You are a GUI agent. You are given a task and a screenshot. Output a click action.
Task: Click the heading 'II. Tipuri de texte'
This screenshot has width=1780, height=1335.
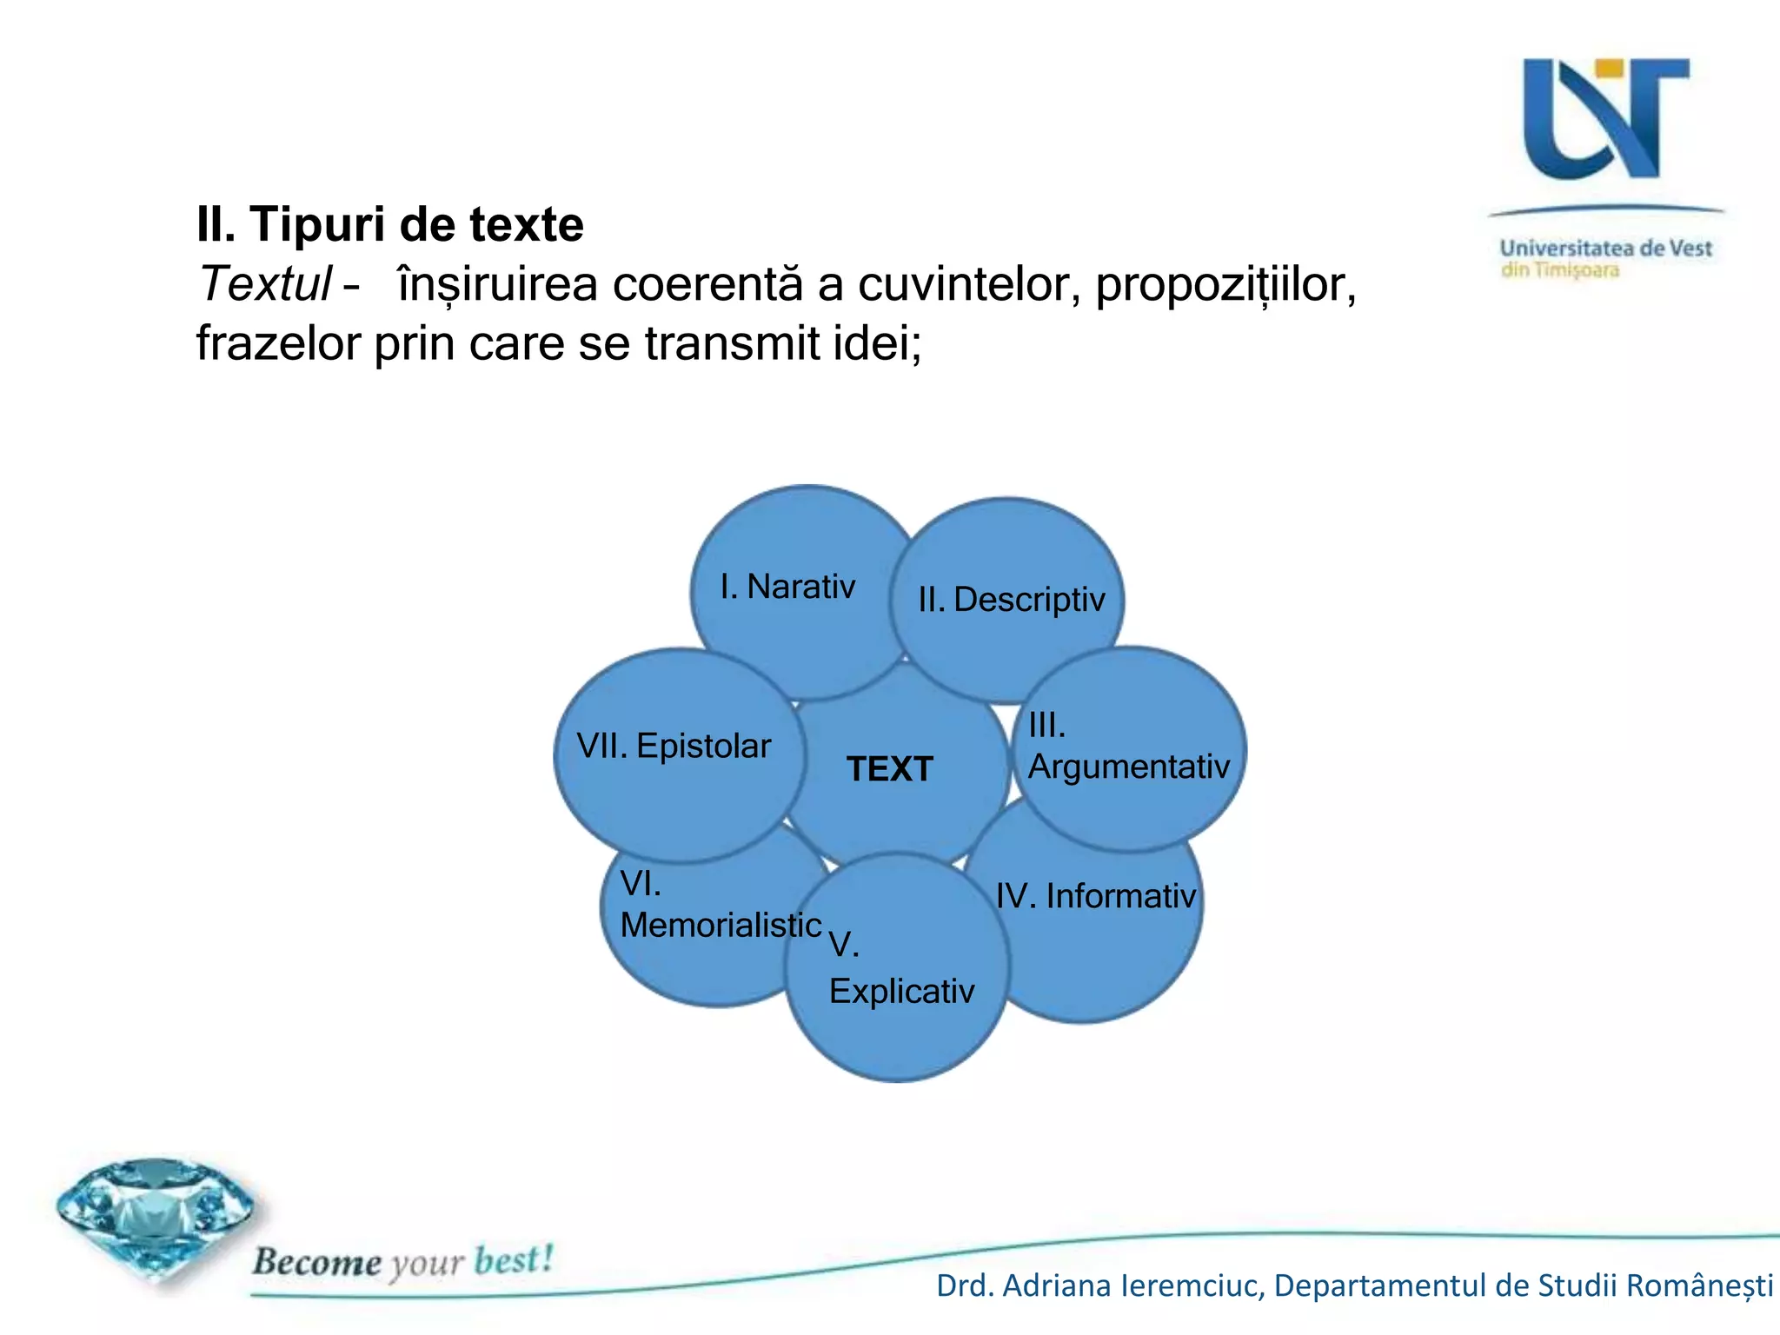(x=389, y=224)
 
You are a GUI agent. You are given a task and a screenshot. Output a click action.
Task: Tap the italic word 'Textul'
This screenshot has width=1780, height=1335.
(x=265, y=284)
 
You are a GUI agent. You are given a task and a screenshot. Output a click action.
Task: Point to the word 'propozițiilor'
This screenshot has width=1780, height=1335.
(x=1225, y=284)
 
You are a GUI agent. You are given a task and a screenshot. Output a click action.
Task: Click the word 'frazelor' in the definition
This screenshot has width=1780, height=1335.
(x=278, y=343)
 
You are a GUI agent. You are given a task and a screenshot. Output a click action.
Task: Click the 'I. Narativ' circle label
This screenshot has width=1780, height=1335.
(x=787, y=587)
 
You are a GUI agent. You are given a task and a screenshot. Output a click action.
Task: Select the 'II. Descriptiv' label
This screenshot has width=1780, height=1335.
(x=1012, y=600)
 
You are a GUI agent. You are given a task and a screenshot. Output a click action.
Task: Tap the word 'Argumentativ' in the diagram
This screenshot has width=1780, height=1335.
(x=1128, y=767)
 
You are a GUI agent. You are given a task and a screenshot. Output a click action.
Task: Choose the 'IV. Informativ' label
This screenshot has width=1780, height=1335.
(x=1095, y=896)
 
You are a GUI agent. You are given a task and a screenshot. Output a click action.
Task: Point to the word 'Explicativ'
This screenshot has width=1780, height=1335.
(x=901, y=992)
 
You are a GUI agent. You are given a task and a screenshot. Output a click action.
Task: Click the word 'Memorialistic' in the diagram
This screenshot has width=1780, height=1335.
(x=721, y=925)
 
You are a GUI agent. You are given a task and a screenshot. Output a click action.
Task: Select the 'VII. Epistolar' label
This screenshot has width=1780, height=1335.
(x=674, y=746)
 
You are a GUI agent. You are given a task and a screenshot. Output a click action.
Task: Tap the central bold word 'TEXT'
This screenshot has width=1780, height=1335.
(x=890, y=769)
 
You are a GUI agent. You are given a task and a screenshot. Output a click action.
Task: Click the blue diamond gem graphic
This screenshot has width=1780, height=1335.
(x=155, y=1217)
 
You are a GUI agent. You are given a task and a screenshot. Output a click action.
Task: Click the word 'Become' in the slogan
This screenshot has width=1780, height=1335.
(x=316, y=1261)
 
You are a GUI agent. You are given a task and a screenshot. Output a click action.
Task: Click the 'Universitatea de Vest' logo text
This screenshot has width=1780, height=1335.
(x=1605, y=249)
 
